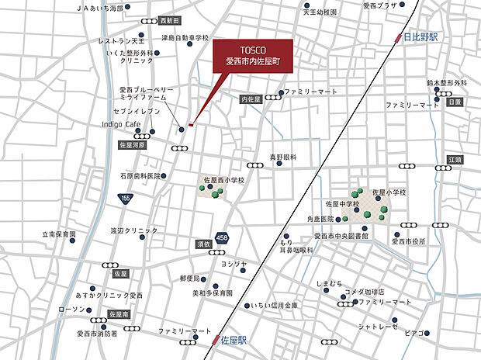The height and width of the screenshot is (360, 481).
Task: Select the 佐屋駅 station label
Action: point(232,340)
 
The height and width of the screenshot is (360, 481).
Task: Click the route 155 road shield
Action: point(125,199)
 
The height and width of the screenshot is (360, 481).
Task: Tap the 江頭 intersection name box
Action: point(454,159)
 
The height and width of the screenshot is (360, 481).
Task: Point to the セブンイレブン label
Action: point(139,112)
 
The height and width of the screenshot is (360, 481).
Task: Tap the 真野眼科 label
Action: point(283,157)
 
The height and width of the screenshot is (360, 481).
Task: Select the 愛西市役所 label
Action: point(409,241)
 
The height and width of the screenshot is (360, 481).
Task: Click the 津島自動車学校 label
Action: point(185,37)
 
